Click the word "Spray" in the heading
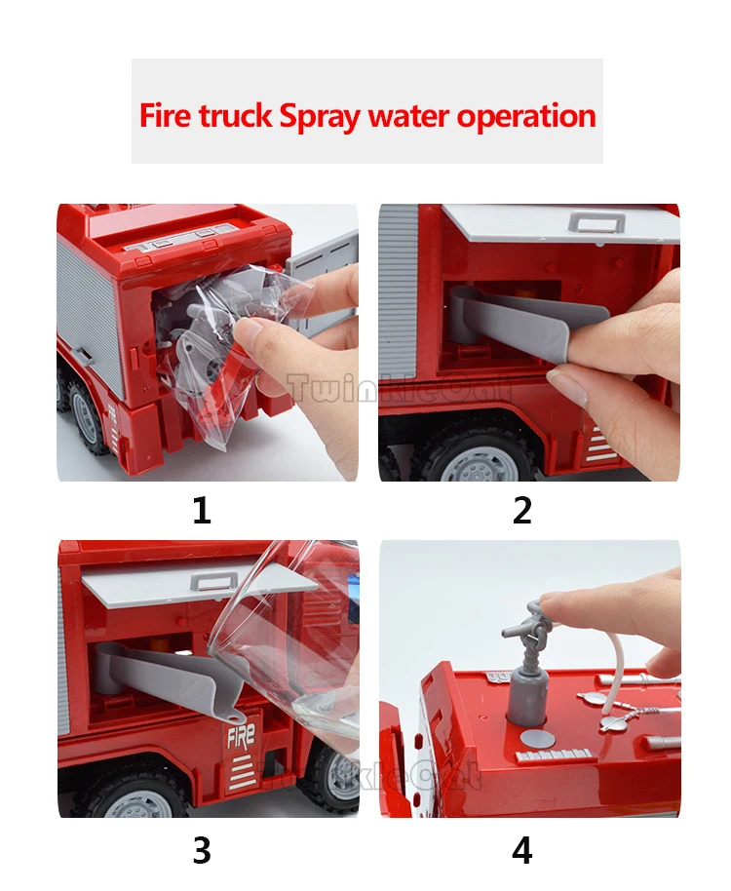[x=321, y=116]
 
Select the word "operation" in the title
[x=526, y=115]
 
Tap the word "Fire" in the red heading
[x=166, y=115]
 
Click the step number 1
[x=202, y=510]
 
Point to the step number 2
[x=522, y=510]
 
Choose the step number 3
[x=202, y=851]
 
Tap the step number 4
[x=522, y=851]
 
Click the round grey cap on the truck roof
[x=536, y=739]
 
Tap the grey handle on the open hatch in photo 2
[x=596, y=221]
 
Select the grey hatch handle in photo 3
[x=214, y=581]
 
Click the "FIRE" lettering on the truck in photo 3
[x=241, y=737]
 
